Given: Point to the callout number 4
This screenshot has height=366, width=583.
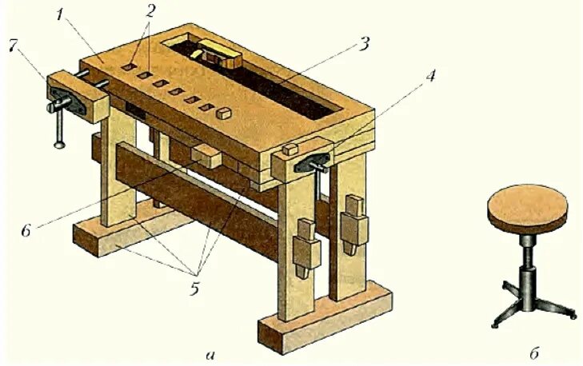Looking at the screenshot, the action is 432,78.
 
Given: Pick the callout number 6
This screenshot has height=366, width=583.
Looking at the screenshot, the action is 26,230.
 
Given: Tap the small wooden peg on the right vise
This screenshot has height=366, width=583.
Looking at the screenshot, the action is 290,149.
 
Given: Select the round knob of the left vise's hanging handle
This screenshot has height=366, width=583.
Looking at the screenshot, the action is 58,145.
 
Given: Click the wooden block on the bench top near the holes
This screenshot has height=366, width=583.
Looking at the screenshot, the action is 226,113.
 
